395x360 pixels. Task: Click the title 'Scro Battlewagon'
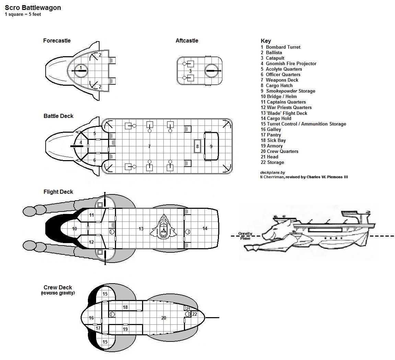point(33,8)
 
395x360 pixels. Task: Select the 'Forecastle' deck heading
point(57,40)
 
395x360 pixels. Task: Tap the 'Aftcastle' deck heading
point(187,40)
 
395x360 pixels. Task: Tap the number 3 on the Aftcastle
point(190,71)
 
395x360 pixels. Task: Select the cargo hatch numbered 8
point(197,146)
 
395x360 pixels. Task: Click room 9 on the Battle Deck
point(211,146)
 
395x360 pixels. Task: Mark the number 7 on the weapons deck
point(149,146)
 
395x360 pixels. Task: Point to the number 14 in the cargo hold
point(205,228)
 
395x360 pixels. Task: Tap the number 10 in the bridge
point(74,229)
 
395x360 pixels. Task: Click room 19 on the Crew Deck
point(125,329)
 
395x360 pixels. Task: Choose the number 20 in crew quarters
point(164,318)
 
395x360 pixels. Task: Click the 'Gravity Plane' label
point(245,236)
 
